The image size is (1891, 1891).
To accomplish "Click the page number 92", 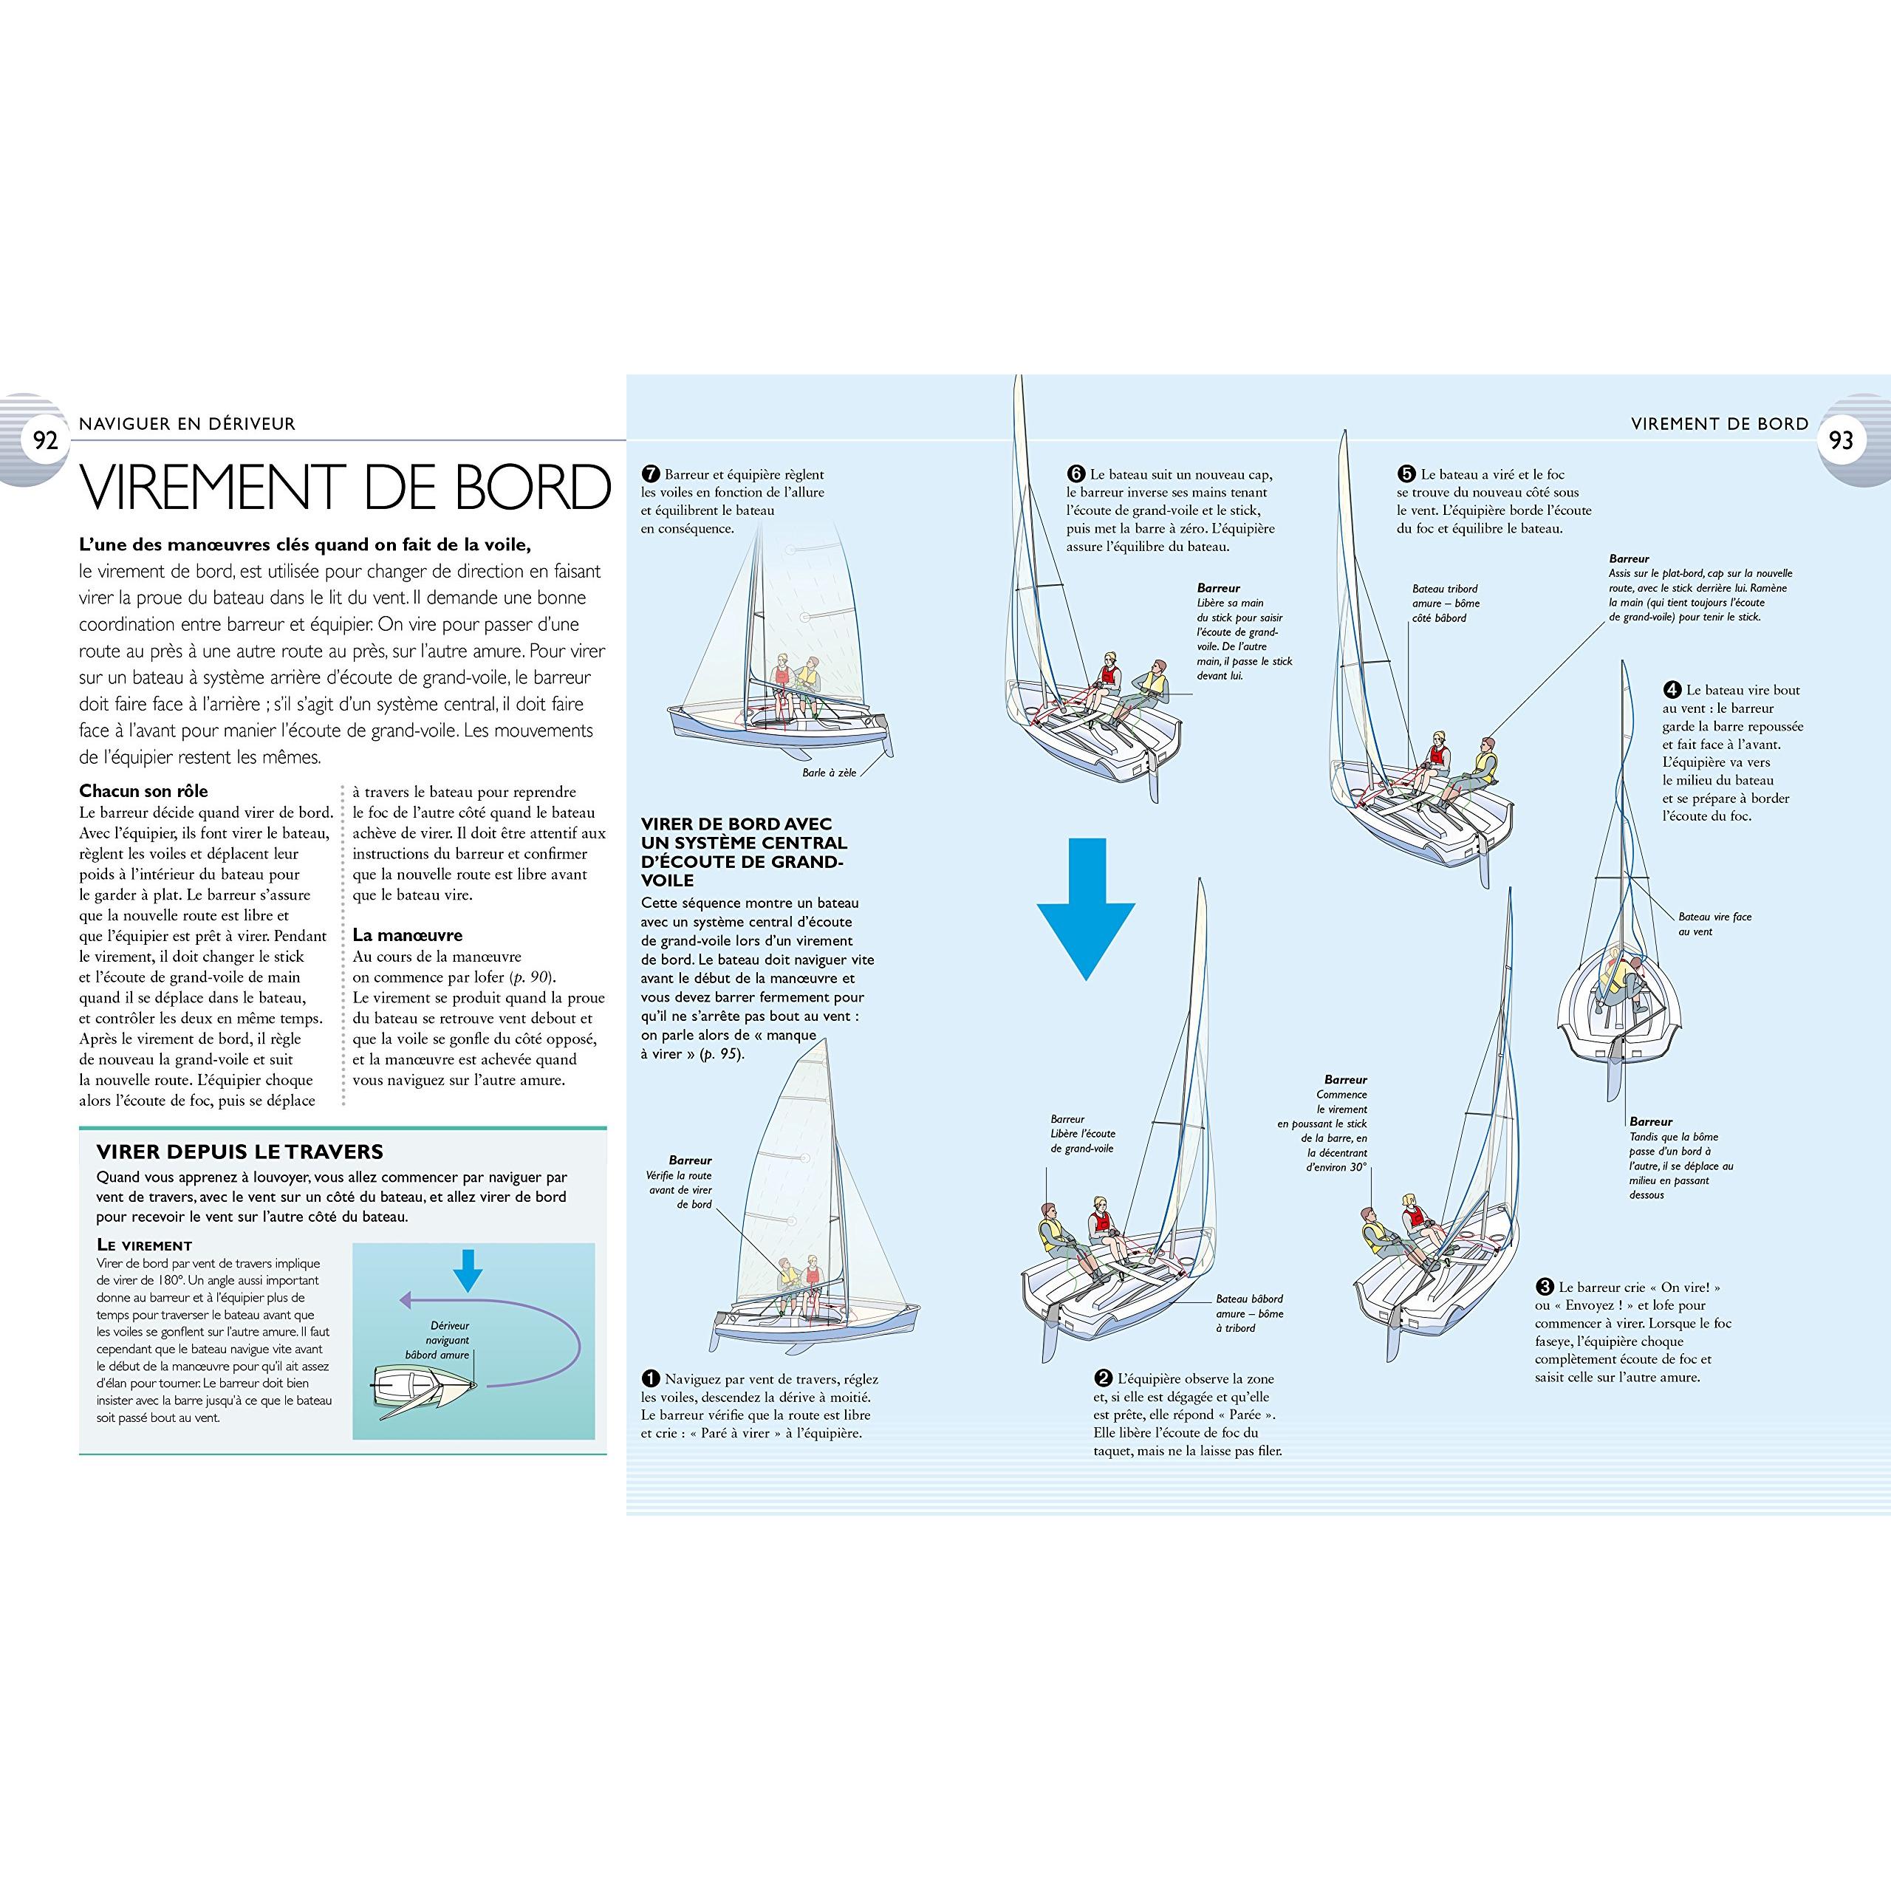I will (46, 440).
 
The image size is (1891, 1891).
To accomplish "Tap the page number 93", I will (1841, 440).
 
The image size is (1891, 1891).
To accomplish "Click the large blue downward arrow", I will (1085, 909).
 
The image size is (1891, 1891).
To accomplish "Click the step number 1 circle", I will (651, 1379).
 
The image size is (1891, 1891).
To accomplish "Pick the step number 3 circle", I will (1545, 1287).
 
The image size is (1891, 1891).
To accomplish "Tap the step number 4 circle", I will (1672, 690).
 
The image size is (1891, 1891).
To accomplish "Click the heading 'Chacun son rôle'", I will (144, 791).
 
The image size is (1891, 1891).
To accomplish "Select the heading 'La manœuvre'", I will (407, 934).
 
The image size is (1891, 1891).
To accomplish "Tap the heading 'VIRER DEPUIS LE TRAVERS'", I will (240, 1152).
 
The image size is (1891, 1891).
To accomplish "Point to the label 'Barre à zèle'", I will (829, 772).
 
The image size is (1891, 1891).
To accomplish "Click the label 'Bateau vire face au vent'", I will (1714, 924).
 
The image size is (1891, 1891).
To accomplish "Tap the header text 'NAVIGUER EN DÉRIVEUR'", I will (187, 424).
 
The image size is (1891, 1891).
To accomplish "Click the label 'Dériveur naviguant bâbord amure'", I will (439, 1340).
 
